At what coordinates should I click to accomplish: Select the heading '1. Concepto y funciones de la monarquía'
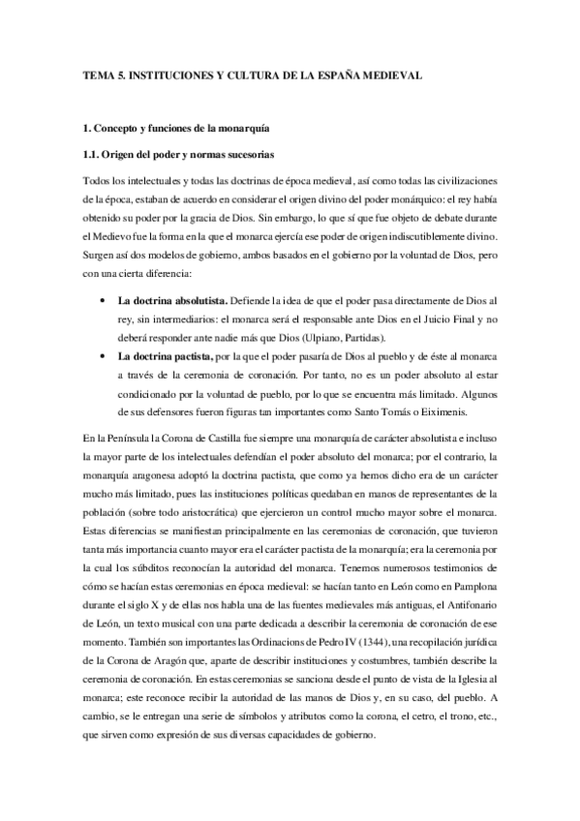[x=175, y=128]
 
